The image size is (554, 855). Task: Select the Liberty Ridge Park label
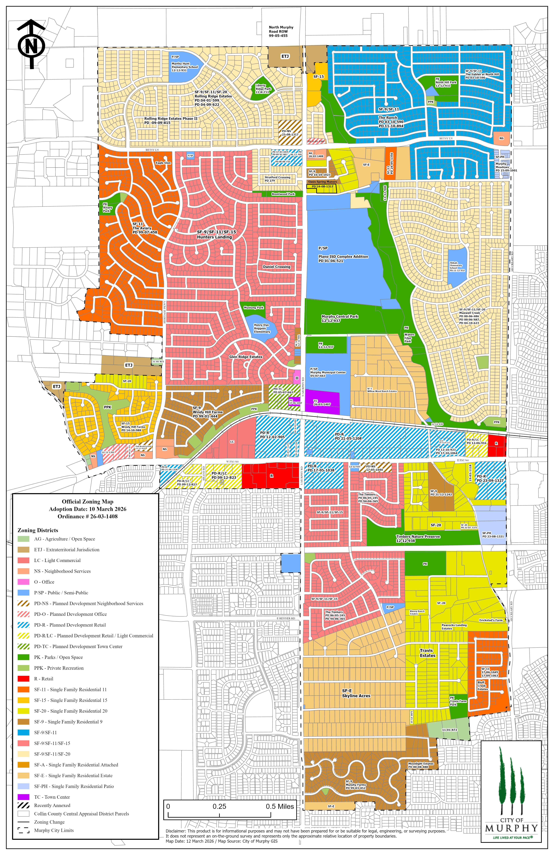[x=263, y=89]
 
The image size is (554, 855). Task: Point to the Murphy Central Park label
[x=340, y=318]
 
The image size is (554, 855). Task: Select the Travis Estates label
[x=427, y=653]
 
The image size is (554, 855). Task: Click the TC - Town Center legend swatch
[x=23, y=797]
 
